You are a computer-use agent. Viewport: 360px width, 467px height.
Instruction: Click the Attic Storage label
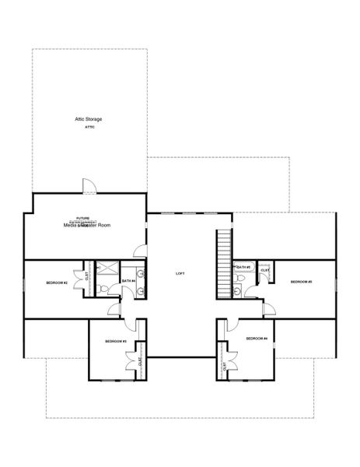[x=89, y=119]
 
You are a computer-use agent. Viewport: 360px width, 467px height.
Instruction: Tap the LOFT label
[x=180, y=274]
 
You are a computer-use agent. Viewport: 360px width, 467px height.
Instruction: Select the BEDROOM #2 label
[x=57, y=283]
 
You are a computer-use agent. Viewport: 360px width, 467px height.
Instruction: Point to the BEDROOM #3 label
[x=116, y=341]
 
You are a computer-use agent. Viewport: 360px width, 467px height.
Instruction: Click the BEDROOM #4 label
[x=257, y=339]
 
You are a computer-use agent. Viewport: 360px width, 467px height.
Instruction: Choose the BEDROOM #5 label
[x=301, y=281]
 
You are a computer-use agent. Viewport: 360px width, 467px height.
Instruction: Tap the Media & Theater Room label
[x=87, y=224]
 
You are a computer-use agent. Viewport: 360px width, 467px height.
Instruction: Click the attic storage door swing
[x=89, y=187]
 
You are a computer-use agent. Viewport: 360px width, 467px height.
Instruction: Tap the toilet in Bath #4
[x=105, y=290]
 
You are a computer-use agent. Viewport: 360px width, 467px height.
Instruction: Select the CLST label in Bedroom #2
[x=87, y=274]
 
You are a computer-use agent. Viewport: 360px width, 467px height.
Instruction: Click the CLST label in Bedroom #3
[x=141, y=361]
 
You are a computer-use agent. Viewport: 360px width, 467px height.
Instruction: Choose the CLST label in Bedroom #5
[x=265, y=270]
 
